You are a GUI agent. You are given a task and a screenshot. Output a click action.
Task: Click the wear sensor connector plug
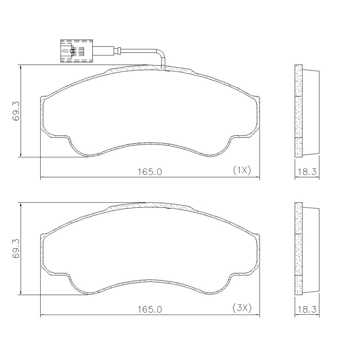pyautogui.click(x=77, y=51)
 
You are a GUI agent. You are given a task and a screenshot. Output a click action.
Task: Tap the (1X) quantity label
pyautogui.click(x=242, y=171)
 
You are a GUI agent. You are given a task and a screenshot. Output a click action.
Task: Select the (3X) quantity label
pyautogui.click(x=242, y=308)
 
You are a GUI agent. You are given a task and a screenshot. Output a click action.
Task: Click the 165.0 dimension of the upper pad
pyautogui.click(x=150, y=172)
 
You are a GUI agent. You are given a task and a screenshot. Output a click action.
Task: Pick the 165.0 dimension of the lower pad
pyautogui.click(x=150, y=310)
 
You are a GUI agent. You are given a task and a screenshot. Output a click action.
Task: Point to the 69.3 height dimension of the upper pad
pyautogui.click(x=17, y=111)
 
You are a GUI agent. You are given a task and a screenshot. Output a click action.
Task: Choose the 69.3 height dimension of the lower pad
pyautogui.click(x=17, y=249)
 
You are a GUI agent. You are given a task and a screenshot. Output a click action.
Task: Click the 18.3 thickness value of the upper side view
pyautogui.click(x=307, y=171)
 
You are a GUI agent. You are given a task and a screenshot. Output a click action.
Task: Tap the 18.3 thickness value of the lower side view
pyautogui.click(x=307, y=309)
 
